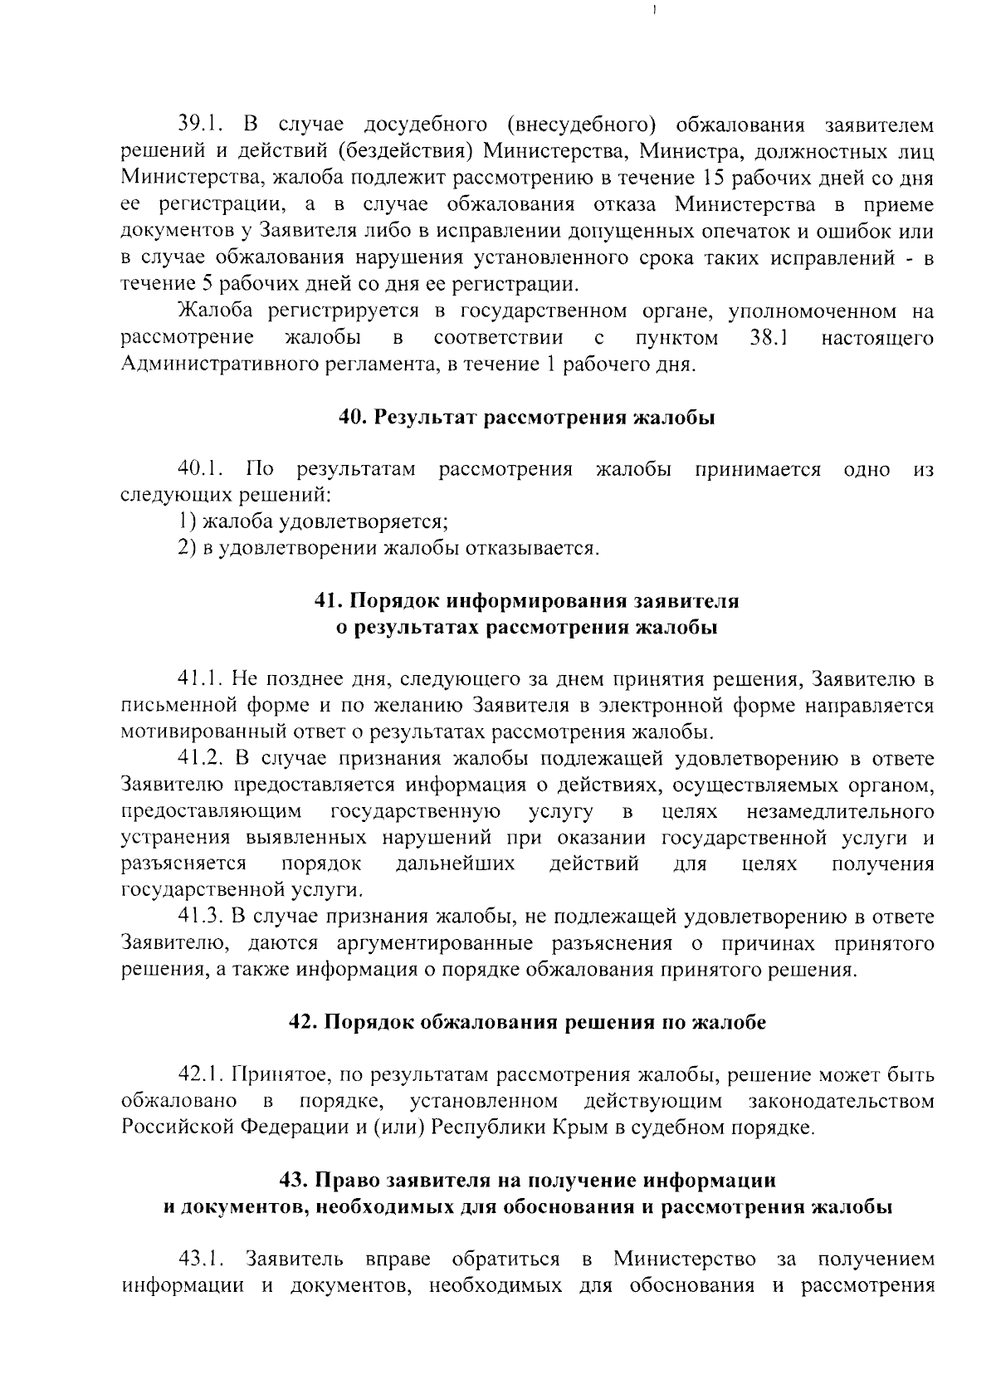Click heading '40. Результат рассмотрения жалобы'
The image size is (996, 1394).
[527, 418]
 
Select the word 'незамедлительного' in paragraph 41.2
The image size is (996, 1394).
[840, 811]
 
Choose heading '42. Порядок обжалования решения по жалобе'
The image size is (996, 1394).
[527, 1023]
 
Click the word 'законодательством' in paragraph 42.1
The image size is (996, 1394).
[841, 1102]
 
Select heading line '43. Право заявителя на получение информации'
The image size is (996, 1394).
[527, 1181]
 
